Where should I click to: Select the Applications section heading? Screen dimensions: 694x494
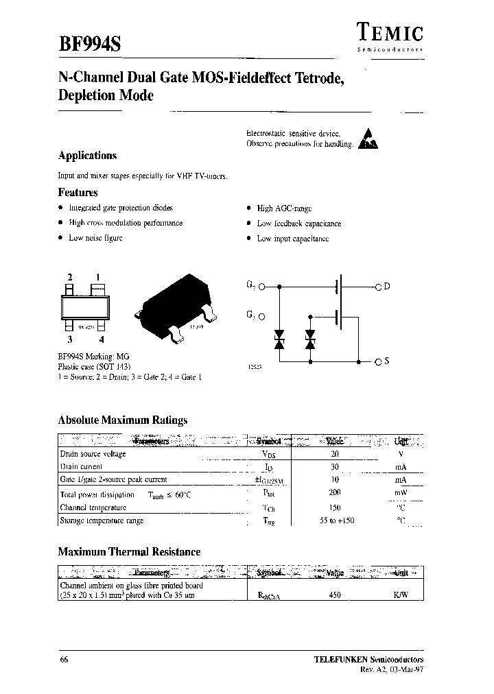coord(87,156)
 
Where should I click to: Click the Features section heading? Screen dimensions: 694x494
coord(78,193)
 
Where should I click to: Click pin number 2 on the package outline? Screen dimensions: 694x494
coord(69,277)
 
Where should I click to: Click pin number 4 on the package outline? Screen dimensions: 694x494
coord(102,339)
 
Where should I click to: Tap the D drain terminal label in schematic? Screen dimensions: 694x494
coord(386,286)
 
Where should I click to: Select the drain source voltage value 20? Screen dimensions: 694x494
coord(335,454)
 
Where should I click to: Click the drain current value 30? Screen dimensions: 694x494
coord(335,466)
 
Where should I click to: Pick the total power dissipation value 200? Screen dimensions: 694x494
coord(335,493)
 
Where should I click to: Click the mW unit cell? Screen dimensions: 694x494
coord(401,493)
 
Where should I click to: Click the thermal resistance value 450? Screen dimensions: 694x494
coord(335,596)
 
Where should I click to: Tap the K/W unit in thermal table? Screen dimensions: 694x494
coord(401,596)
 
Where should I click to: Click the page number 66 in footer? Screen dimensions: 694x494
coord(64,660)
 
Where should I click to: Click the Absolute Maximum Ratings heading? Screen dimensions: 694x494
coord(123,420)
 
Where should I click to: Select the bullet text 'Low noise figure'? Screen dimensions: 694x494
coord(95,238)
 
